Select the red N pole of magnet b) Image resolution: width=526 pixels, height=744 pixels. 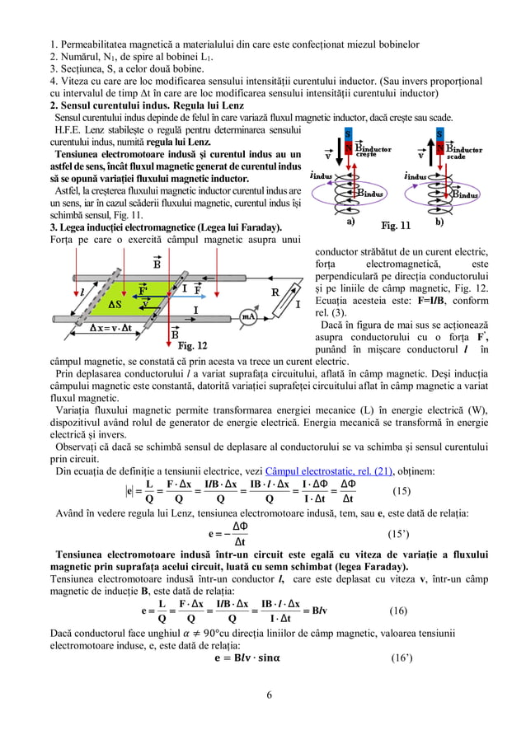coord(440,147)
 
